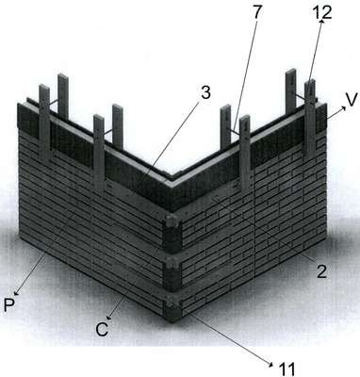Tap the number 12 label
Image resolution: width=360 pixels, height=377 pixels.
pos(321,13)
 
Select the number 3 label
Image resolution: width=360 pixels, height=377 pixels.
pos(205,93)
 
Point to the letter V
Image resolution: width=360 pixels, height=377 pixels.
pos(352,100)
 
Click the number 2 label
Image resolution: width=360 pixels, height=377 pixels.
pos(321,271)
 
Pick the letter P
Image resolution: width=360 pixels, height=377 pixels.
pos(9,304)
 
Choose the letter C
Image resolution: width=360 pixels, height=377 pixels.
pos(103,330)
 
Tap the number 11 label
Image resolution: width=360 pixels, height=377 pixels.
pos(286,369)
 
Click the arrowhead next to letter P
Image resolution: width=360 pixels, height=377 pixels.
pos(16,292)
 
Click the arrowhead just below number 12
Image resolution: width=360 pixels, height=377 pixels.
pos(321,23)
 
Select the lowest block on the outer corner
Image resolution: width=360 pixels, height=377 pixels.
pos(172,310)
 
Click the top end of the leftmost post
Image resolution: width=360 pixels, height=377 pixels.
pos(44,88)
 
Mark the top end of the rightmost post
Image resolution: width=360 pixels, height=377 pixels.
pos(310,83)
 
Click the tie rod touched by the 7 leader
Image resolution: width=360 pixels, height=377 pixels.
pos(236,131)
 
